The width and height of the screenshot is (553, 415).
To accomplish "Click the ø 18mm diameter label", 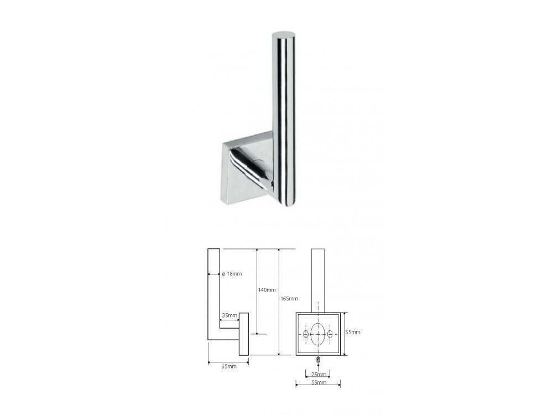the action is pos(232,274).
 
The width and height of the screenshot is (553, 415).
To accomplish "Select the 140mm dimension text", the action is pos(267,290).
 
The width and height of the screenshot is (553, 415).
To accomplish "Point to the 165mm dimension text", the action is pos(289,299).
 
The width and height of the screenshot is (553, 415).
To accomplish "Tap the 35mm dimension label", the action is pos(229,315).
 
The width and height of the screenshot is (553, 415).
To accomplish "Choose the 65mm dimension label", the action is pos(229,367).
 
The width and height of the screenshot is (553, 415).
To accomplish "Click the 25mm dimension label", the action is pos(319,375).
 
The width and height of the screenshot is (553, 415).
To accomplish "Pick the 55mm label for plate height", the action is pos(353,332).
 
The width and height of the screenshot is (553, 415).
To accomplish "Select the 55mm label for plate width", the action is pos(319,382).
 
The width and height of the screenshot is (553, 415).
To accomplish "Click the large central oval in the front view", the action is pos(318,334).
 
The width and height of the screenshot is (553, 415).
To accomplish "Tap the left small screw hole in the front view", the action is pos(306,334).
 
